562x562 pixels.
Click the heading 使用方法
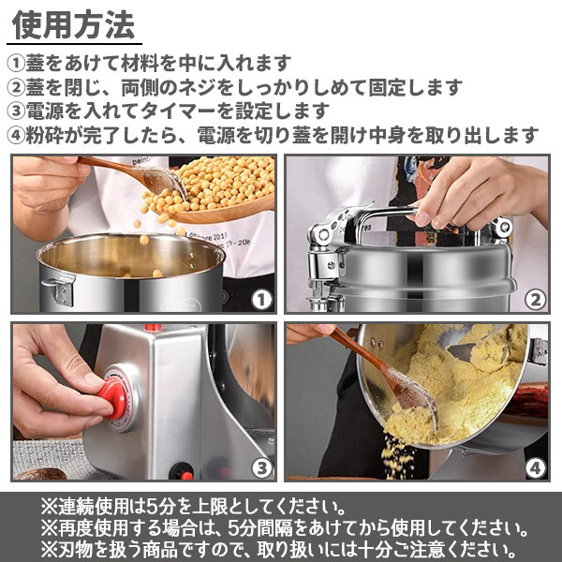coord(73,24)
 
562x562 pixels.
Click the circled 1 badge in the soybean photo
coord(261,300)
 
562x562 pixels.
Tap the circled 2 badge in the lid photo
coord(535,300)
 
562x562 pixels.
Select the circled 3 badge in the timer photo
coord(261,467)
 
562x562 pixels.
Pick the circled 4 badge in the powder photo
coord(535,467)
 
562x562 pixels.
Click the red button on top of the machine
coord(153,327)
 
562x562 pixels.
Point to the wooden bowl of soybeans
coord(212,190)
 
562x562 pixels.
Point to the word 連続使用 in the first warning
coord(93,507)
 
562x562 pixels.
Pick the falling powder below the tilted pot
coord(396,455)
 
